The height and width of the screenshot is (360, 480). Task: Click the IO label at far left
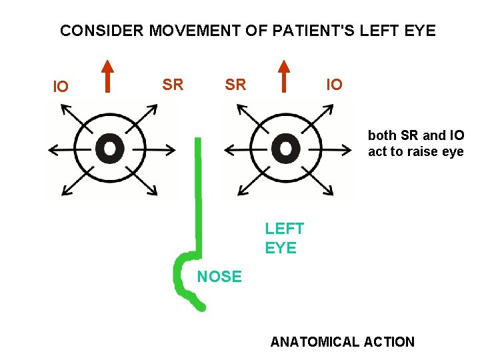click(x=60, y=87)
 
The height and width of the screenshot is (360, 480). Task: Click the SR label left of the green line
click(x=173, y=85)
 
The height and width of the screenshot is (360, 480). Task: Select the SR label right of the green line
click(x=235, y=85)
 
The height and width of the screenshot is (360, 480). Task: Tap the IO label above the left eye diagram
click(x=334, y=85)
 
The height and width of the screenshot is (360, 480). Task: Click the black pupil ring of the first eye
click(x=109, y=148)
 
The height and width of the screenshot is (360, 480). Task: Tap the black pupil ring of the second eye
click(x=285, y=148)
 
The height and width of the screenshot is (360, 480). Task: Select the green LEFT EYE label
click(x=284, y=238)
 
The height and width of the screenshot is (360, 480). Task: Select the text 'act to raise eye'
click(x=415, y=151)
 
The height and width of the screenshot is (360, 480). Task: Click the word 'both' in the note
click(x=381, y=135)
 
